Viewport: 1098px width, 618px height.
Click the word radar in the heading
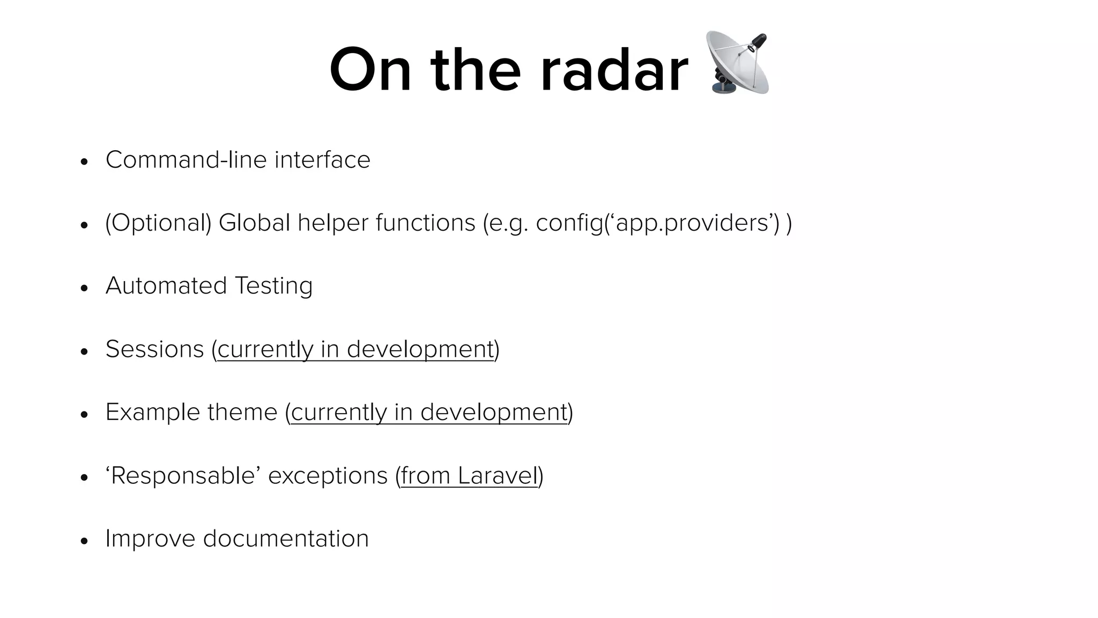[614, 71]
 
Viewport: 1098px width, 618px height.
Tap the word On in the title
[370, 71]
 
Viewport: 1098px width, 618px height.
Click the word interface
[322, 160]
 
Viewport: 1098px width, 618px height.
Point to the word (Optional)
[158, 223]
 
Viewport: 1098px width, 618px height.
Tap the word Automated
[166, 286]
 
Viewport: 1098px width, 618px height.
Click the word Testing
[273, 286]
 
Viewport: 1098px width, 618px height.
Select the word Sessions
[154, 349]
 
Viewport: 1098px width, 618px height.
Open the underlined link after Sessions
[355, 349]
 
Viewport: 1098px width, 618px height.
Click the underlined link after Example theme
[428, 413]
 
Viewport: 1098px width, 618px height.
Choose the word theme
[242, 413]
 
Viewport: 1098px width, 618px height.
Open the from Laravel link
[469, 476]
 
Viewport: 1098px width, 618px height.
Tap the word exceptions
[328, 476]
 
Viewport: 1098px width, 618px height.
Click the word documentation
[286, 539]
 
